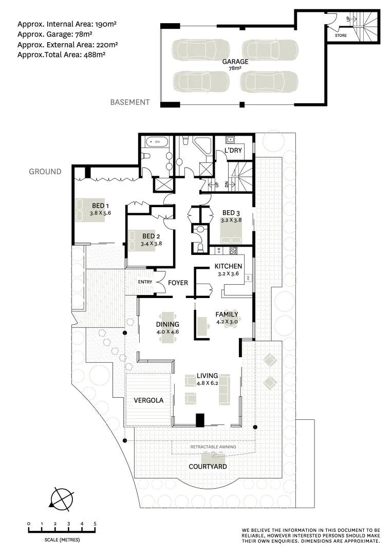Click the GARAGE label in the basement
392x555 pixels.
click(x=235, y=62)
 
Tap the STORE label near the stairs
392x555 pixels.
click(x=341, y=35)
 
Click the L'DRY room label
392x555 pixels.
click(x=233, y=151)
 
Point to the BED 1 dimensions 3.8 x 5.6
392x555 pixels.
click(x=101, y=213)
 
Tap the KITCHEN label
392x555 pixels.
click(x=228, y=266)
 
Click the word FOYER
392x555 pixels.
click(x=178, y=283)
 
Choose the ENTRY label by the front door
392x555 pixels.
click(x=145, y=282)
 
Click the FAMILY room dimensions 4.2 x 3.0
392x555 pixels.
click(x=227, y=322)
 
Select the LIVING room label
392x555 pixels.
click(x=207, y=376)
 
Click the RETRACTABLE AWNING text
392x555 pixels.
click(x=213, y=447)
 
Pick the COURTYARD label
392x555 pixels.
click(x=208, y=467)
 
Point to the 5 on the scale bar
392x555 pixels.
click(x=95, y=524)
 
